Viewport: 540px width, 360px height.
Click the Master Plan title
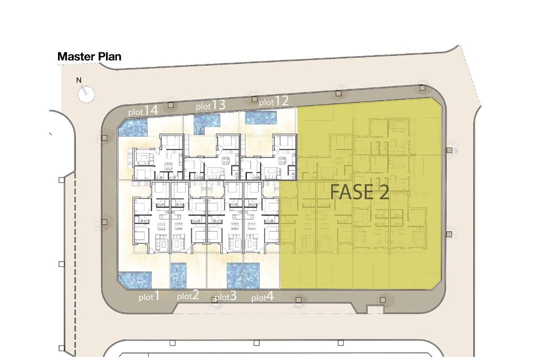(89, 56)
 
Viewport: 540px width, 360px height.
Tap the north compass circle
(86, 94)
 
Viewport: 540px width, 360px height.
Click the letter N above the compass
(79, 80)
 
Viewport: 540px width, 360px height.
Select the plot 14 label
(143, 111)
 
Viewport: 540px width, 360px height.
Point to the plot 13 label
(210, 105)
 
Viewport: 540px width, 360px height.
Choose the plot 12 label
(273, 101)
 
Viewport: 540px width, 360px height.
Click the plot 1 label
(149, 296)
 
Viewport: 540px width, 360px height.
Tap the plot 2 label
(188, 295)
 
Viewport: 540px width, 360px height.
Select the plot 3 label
(225, 296)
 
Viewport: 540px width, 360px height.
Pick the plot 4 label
(262, 296)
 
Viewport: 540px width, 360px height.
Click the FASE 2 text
(359, 192)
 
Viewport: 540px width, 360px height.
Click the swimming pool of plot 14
(133, 127)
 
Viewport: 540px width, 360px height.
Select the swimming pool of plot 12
(261, 118)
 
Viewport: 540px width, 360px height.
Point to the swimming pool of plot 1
(135, 279)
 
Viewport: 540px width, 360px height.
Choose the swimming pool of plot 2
(178, 275)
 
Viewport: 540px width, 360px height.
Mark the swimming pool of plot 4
(251, 275)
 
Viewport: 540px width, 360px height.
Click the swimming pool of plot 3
(235, 275)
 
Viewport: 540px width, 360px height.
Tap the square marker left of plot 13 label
(170, 104)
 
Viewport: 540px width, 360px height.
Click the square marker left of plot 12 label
(254, 99)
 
